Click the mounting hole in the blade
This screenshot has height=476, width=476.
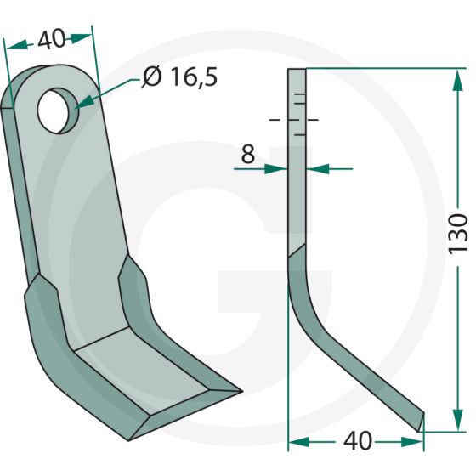pos(58,110)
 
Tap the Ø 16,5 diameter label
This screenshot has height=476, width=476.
pos(179,77)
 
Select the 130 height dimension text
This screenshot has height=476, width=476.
pos(458,233)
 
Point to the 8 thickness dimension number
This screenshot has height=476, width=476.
pos(247,154)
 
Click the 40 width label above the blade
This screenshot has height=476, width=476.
pos(51,39)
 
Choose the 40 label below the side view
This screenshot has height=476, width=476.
pos(358,441)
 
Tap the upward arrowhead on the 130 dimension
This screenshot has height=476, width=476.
pos(458,81)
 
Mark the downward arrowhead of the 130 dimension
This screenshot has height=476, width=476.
pos(458,420)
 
